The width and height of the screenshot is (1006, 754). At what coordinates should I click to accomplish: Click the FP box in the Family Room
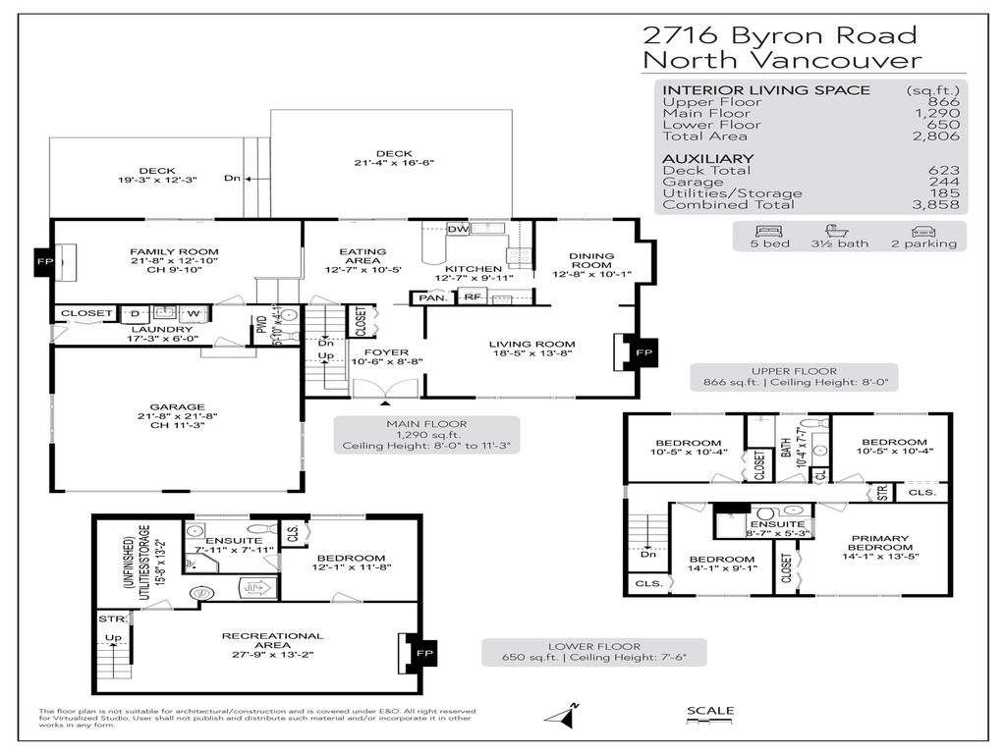tap(42, 262)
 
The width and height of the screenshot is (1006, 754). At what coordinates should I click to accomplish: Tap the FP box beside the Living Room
tap(643, 352)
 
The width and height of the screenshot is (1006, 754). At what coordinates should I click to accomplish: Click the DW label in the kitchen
tap(457, 230)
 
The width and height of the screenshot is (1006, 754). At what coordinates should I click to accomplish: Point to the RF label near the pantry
tap(473, 296)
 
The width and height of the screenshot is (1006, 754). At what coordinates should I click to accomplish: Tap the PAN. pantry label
tap(429, 296)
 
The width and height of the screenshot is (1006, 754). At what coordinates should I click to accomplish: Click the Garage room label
tap(177, 406)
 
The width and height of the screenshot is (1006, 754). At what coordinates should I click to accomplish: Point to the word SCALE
tap(709, 711)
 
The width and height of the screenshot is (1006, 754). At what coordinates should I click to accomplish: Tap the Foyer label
tap(379, 351)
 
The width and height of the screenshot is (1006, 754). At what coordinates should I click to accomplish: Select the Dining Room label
tap(591, 261)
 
